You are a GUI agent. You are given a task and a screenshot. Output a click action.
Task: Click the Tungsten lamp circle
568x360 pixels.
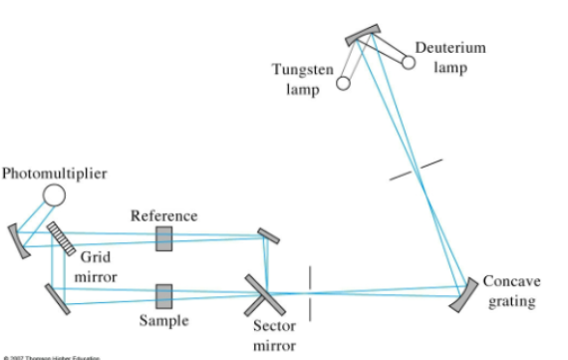(343, 84)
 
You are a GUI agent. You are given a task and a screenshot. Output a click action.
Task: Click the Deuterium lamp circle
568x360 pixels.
(409, 62)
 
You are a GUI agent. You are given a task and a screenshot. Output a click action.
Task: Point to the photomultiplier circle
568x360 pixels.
(54, 194)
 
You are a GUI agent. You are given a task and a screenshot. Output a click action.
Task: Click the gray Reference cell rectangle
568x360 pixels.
(163, 237)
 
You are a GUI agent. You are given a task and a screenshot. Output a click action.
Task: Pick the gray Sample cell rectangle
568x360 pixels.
(163, 295)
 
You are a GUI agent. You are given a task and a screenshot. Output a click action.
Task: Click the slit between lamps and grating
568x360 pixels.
(416, 169)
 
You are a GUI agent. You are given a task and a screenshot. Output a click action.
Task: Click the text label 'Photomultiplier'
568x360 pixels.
(54, 174)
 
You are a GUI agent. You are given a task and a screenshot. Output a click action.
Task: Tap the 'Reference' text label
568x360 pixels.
(163, 215)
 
